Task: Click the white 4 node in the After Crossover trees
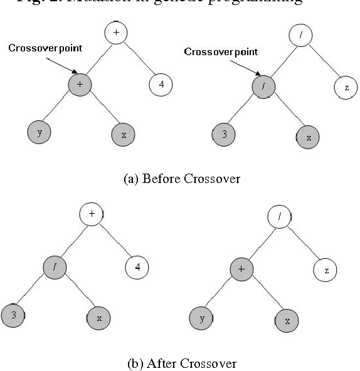tap(137, 268)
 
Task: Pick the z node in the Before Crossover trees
tap(346, 88)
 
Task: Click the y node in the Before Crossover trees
tap(40, 132)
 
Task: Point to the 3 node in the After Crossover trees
tap(13, 316)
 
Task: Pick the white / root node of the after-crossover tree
tap(279, 217)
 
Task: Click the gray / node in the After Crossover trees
tap(55, 266)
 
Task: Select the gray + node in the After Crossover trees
tap(243, 269)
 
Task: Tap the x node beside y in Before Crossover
tap(123, 134)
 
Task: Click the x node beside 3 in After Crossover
tap(98, 318)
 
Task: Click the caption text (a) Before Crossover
tap(182, 179)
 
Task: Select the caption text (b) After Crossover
tap(182, 363)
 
